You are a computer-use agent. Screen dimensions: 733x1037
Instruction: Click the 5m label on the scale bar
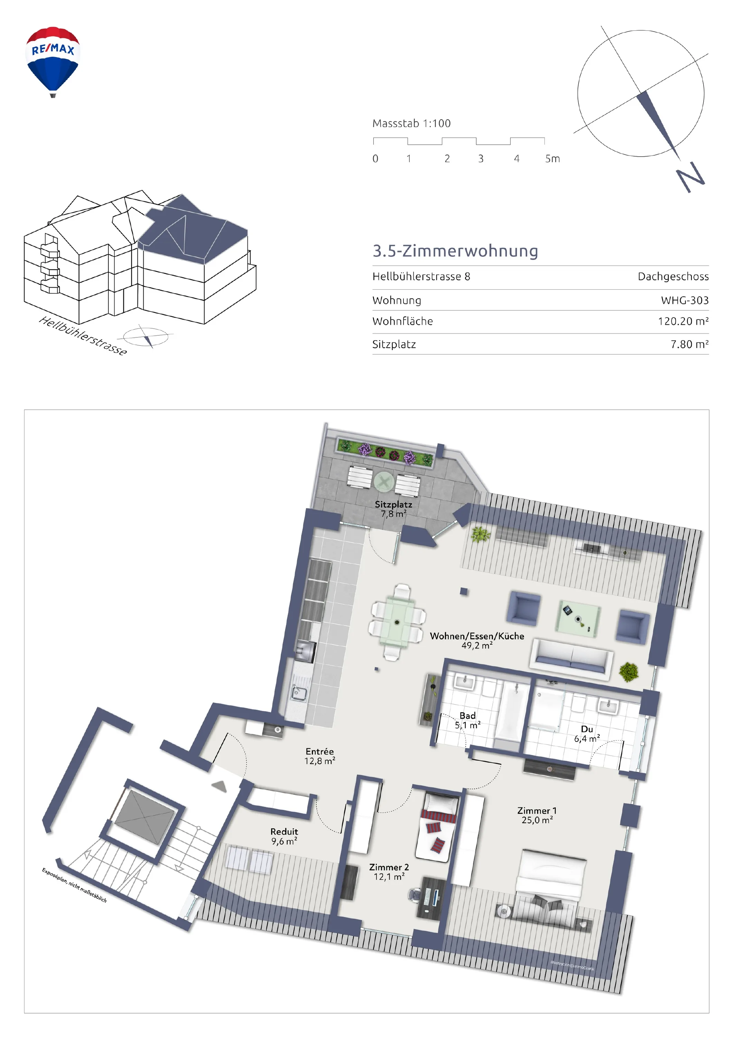coord(552,159)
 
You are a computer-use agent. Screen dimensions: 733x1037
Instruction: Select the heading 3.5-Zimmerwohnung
coord(455,251)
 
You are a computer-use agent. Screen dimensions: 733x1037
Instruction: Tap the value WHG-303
coord(685,300)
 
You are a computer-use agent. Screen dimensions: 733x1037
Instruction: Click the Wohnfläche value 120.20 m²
coord(683,321)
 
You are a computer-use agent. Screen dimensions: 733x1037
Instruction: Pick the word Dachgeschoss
coord(673,277)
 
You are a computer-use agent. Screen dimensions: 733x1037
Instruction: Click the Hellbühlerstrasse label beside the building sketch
coord(83,336)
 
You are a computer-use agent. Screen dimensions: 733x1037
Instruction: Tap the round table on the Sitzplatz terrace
coord(384,482)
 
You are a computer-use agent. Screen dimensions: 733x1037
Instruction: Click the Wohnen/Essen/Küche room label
coord(477,636)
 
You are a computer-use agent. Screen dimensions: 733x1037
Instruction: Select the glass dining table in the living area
coord(397,623)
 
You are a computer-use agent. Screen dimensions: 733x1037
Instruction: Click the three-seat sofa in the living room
coord(571,659)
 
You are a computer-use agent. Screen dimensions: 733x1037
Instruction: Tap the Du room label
coord(587,729)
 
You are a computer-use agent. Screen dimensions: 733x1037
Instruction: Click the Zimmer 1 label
coord(537,810)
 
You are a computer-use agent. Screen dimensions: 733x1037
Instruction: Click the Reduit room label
coord(284,831)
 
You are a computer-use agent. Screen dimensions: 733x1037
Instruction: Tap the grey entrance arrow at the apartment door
coord(219,786)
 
